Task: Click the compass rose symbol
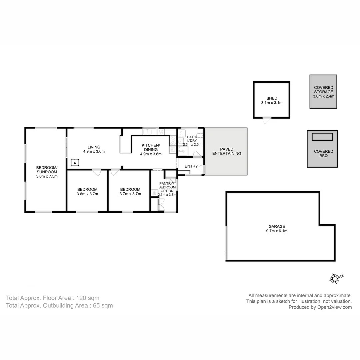pyautogui.click(x=336, y=278)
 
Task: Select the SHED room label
pyautogui.click(x=272, y=98)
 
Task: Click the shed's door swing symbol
pyautogui.click(x=266, y=120)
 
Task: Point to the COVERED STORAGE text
pyautogui.click(x=323, y=90)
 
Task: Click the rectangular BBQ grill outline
pyautogui.click(x=322, y=137)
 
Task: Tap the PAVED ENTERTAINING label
pyautogui.click(x=226, y=151)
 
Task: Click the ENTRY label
pyautogui.click(x=191, y=166)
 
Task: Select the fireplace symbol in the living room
pyautogui.click(x=75, y=163)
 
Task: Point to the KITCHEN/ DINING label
pyautogui.click(x=151, y=147)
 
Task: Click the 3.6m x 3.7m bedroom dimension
pyautogui.click(x=87, y=194)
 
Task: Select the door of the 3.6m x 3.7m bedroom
pyautogui.click(x=96, y=172)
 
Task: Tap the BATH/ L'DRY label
pyautogui.click(x=192, y=139)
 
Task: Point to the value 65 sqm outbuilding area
pyautogui.click(x=103, y=305)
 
